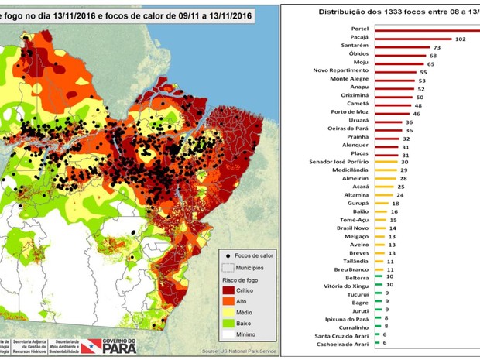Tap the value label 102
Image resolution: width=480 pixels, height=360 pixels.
click(x=460, y=38)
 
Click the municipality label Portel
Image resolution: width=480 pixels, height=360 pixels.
click(x=364, y=29)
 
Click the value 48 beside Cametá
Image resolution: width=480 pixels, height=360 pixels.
click(x=419, y=105)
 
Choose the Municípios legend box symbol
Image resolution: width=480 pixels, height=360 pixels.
click(x=227, y=266)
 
